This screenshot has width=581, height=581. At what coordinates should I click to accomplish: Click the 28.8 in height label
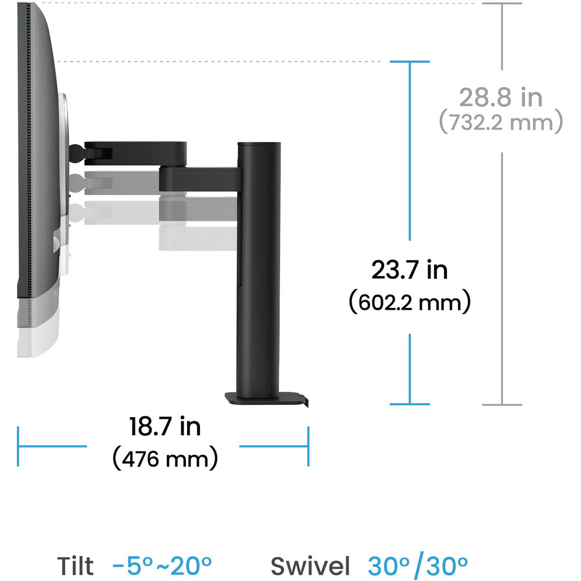tap(501, 97)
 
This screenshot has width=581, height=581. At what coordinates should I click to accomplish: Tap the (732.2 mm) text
tap(501, 122)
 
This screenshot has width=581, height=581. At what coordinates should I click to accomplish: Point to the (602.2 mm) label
tap(410, 302)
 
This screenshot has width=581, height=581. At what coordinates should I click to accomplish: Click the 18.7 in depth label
tap(165, 426)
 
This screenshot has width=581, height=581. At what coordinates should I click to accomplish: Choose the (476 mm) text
tap(165, 458)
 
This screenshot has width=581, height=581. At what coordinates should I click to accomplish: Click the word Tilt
tap(75, 566)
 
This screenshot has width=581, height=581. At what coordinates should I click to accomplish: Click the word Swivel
tap(310, 566)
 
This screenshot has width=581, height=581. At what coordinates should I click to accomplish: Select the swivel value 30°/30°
tap(418, 566)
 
